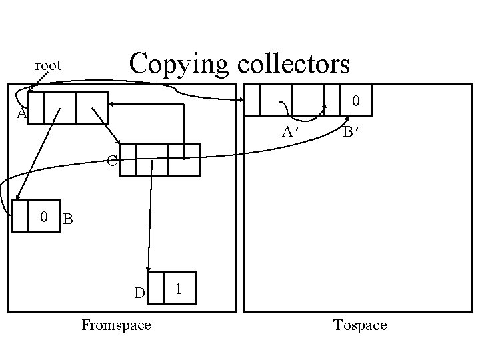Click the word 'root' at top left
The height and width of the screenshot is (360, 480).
coord(48,65)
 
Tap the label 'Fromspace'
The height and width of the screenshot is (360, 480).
coord(116,325)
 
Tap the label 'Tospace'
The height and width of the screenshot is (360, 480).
coord(360,325)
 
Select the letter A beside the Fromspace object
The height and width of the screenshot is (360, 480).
coord(21,114)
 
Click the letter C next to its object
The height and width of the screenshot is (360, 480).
coord(112,161)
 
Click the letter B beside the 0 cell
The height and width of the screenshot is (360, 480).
coord(68,218)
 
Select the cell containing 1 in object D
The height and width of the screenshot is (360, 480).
coord(179,288)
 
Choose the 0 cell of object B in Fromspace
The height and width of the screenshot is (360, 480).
coord(43,216)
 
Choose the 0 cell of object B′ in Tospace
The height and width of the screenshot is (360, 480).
coord(356,101)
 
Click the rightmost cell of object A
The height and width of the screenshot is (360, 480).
coord(91,108)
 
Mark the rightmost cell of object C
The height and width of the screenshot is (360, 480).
coord(183,160)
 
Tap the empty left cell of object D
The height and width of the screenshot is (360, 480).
coord(155,288)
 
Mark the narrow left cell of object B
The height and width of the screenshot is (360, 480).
coord(20,216)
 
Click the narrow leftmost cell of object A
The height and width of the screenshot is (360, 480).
coord(36,108)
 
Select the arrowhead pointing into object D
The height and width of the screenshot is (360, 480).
coord(148,269)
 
